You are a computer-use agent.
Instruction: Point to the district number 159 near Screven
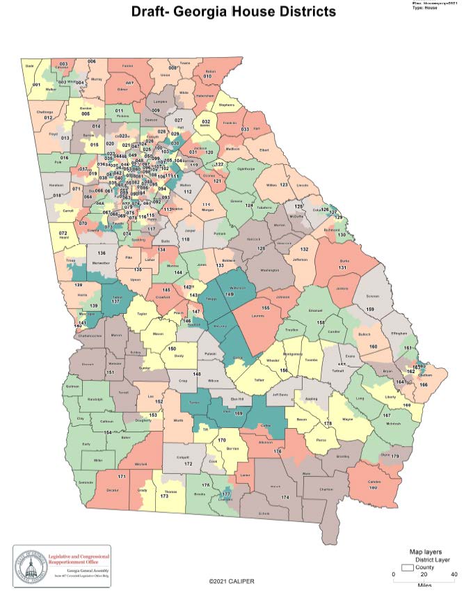point(370,309)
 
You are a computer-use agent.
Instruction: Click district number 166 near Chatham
point(423,384)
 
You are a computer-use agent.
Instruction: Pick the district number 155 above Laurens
point(265,308)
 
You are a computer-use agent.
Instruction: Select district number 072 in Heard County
point(62,233)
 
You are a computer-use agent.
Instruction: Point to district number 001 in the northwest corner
point(36,85)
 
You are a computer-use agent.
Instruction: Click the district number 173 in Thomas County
point(165,496)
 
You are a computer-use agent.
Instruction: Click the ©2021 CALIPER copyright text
point(232,580)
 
